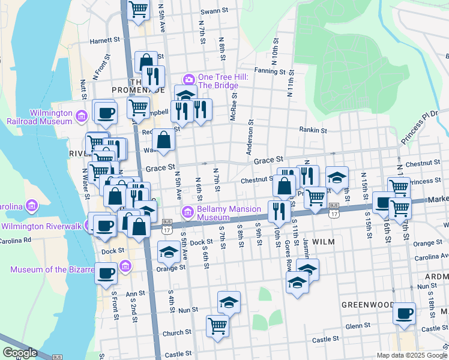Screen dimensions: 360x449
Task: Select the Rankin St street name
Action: point(313,130)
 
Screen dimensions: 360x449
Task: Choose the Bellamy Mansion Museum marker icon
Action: point(188,212)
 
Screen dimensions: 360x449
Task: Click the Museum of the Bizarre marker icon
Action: point(125,265)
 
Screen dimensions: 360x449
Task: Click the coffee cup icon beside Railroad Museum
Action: point(106,113)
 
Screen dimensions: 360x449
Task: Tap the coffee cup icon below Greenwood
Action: point(404,313)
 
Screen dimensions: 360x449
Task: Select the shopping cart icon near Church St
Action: point(217,326)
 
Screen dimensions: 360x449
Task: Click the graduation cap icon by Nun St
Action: point(228,303)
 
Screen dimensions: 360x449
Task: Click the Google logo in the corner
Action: point(20,353)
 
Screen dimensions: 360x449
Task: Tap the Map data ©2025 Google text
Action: point(412,355)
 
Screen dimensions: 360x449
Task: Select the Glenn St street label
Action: point(358,326)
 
